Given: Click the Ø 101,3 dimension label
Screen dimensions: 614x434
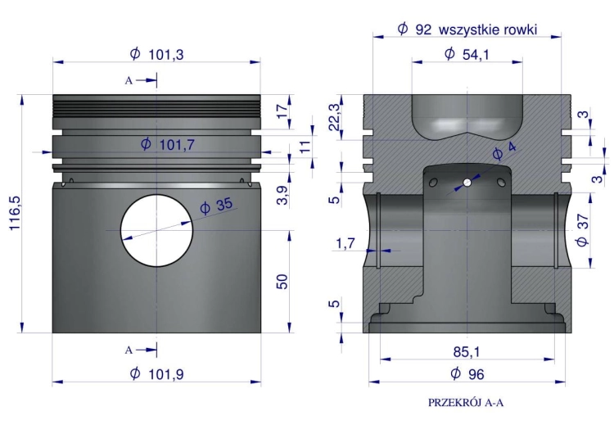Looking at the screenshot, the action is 156,54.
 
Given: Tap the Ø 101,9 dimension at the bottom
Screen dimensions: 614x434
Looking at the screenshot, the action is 156,373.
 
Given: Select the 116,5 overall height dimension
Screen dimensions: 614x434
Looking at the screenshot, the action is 15,213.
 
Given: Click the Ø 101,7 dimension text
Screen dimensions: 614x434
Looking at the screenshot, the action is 168,145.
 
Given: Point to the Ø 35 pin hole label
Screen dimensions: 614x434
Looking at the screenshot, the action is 216,206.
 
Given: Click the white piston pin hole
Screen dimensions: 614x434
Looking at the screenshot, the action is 156,230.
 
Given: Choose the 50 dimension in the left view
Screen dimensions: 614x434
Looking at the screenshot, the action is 282,282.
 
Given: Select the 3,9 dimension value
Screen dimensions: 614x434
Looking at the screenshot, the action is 282,195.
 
